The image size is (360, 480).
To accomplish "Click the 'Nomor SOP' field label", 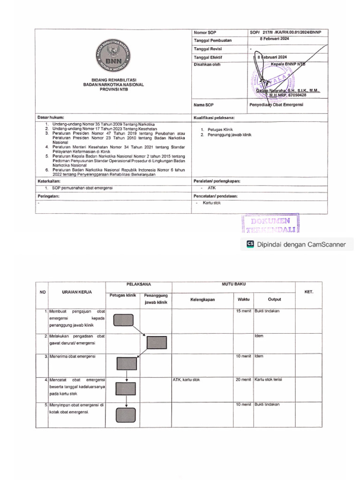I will pyautogui.click(x=207, y=32).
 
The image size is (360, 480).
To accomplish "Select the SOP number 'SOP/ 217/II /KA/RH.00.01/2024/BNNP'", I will pyautogui.click(x=289, y=32).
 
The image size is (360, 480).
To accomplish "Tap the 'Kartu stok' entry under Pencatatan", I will pyautogui.click(x=211, y=202).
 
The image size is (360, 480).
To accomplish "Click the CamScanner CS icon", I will pyautogui.click(x=250, y=244).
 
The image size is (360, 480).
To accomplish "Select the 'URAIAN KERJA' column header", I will pyautogui.click(x=76, y=292).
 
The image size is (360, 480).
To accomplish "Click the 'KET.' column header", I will pyautogui.click(x=308, y=292).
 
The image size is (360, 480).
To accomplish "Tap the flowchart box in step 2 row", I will pyautogui.click(x=157, y=343).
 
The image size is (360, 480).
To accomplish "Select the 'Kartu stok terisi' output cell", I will pyautogui.click(x=268, y=380).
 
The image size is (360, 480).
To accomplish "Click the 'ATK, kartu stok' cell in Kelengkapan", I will pyautogui.click(x=186, y=380).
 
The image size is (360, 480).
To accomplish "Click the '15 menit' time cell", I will pyautogui.click(x=243, y=311).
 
